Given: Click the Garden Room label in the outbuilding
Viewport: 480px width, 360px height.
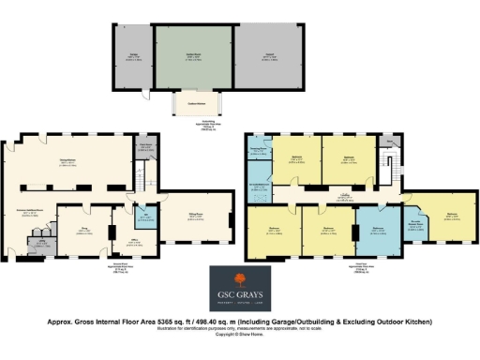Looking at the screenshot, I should pyautogui.click(x=194, y=57).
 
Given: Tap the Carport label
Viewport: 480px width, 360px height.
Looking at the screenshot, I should pyautogui.click(x=269, y=57).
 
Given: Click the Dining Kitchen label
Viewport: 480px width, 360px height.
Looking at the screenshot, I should pyautogui.click(x=67, y=163).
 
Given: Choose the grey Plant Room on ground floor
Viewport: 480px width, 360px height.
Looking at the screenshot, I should pyautogui.click(x=144, y=147).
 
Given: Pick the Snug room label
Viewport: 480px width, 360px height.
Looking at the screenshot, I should pyautogui.click(x=82, y=227).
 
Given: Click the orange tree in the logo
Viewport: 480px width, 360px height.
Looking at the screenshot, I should pyautogui.click(x=239, y=280).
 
